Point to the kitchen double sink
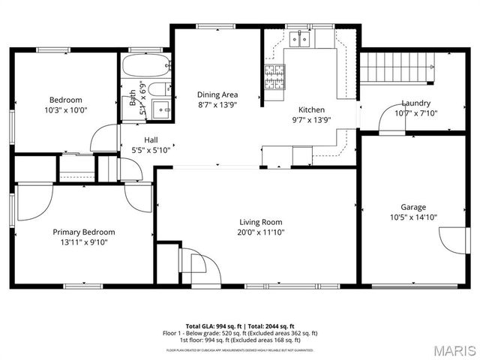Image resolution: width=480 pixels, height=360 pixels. (x=302, y=38)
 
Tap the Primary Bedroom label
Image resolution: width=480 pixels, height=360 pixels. (x=83, y=232)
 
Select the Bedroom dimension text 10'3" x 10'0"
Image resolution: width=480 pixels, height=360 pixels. (x=66, y=109)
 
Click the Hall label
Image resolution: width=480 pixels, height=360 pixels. (x=151, y=139)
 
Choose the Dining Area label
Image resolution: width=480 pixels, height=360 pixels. (x=217, y=94)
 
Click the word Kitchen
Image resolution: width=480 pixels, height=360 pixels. (x=311, y=109)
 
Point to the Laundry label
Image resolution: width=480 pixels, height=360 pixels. (x=415, y=103)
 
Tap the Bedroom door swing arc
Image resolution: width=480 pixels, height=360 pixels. (x=103, y=139)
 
